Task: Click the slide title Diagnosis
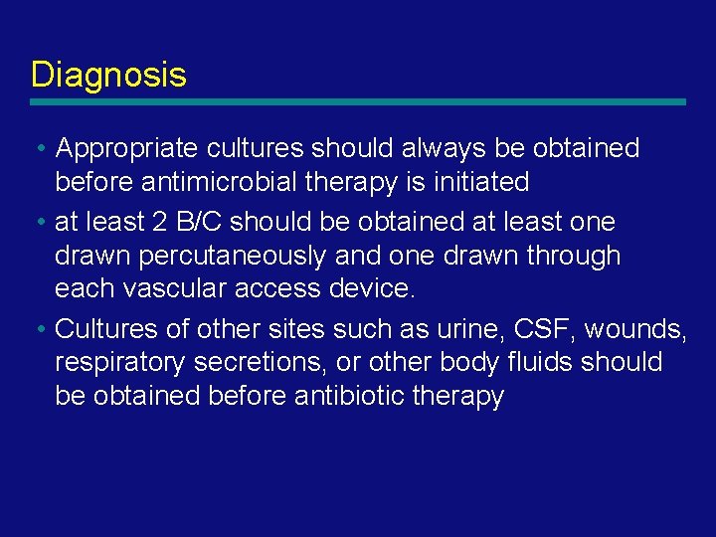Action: pyautogui.click(x=108, y=75)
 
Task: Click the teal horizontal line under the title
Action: pyautogui.click(x=358, y=101)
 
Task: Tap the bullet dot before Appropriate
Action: pyautogui.click(x=38, y=149)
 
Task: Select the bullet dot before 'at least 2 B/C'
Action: pyautogui.click(x=38, y=222)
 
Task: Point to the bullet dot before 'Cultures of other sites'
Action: pyautogui.click(x=38, y=328)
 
